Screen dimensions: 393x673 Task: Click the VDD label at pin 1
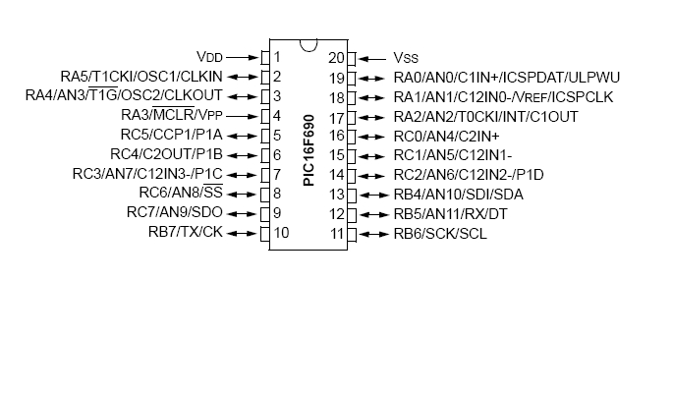210,57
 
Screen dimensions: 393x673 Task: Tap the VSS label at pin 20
407,57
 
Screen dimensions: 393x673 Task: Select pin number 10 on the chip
281,233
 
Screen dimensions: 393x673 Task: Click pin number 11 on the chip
338,233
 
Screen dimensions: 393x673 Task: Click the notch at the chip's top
308,44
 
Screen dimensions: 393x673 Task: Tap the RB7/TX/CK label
186,233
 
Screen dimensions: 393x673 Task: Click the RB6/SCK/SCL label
440,233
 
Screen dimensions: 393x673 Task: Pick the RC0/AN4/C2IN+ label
447,136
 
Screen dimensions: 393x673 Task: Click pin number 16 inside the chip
336,136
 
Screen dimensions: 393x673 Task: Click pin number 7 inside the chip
278,175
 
